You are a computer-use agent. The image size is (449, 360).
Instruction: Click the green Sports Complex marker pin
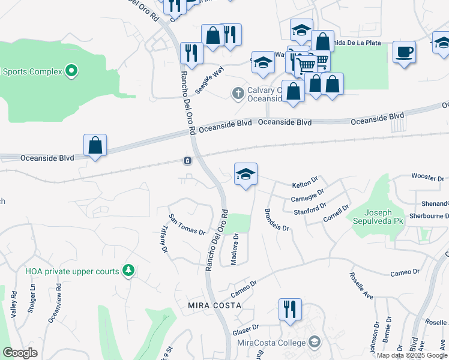pos(71,71)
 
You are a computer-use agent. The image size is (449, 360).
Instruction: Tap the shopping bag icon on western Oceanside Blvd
pos(95,145)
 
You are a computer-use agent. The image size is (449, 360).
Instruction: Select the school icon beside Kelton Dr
pos(246,174)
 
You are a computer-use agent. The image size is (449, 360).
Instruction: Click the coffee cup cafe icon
pos(404,52)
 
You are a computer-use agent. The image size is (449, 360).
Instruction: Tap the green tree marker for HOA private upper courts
pos(127,271)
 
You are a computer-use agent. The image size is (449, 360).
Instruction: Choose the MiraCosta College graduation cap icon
pos(314,342)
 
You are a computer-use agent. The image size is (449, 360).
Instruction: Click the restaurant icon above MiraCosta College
pos(290,310)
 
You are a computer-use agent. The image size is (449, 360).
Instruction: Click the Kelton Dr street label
pos(304,182)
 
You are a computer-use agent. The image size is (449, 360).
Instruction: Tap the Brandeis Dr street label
pos(276,220)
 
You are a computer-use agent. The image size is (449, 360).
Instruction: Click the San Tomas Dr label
pos(187,224)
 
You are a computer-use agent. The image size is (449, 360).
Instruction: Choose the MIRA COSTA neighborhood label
pos(214,305)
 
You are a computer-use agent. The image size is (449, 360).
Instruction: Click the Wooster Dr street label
pos(427,178)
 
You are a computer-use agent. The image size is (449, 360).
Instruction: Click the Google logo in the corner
pos(20,353)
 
